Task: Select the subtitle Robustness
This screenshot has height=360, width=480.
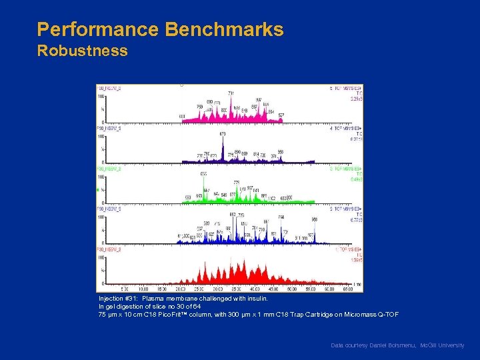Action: [82, 51]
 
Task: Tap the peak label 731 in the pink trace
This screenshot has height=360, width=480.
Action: [231, 93]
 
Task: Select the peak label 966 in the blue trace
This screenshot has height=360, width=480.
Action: [314, 219]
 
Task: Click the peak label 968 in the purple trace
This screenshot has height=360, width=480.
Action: [281, 151]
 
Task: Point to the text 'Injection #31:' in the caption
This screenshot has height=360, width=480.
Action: [119, 299]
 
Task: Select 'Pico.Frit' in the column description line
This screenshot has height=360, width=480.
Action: [177, 314]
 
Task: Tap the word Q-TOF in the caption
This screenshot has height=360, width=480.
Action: [388, 314]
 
